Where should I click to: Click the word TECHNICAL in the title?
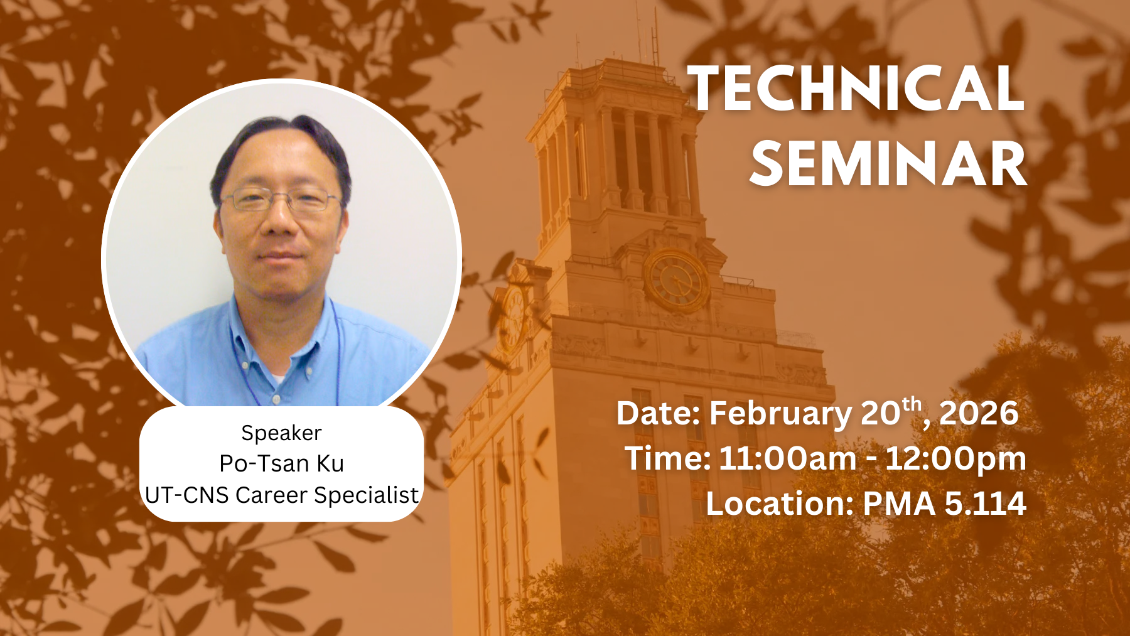(x=856, y=89)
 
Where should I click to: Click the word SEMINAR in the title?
(x=888, y=164)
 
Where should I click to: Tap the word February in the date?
(x=780, y=414)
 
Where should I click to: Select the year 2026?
(x=979, y=413)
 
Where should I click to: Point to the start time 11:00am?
(x=788, y=458)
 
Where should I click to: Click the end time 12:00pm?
(x=955, y=459)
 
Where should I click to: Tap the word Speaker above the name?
(x=281, y=434)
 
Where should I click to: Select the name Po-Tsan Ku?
(x=281, y=463)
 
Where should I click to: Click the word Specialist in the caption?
(x=366, y=495)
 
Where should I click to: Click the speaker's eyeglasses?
(x=281, y=200)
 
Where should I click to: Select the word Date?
(x=659, y=414)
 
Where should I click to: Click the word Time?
(x=667, y=458)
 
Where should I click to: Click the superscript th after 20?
(x=912, y=405)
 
